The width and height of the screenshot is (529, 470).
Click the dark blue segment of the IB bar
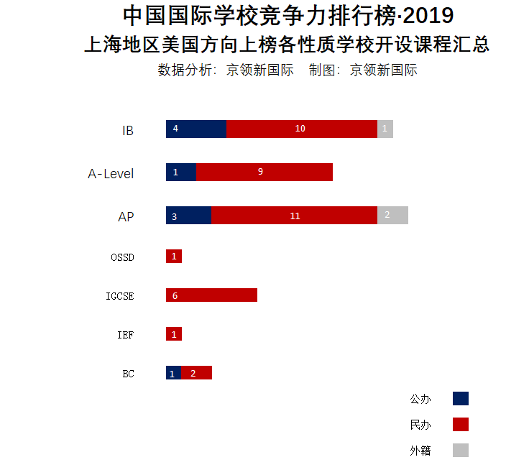(x=196, y=129)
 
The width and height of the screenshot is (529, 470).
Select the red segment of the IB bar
(x=302, y=129)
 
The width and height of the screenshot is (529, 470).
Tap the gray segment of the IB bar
(x=385, y=129)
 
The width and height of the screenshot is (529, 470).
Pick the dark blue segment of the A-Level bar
(x=181, y=172)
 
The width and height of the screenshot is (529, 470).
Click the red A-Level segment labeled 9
(x=264, y=172)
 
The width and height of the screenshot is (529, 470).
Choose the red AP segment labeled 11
(x=294, y=216)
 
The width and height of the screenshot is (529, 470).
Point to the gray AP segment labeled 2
(x=392, y=216)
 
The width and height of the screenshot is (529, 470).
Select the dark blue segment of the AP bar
(x=188, y=216)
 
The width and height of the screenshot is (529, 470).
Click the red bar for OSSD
(x=174, y=257)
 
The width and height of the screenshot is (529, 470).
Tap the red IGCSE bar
(x=211, y=295)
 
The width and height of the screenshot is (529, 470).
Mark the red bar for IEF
(x=174, y=334)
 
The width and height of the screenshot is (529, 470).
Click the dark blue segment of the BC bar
(x=173, y=373)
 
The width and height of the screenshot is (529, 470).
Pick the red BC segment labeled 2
(x=196, y=373)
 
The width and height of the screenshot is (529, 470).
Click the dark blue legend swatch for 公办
(x=461, y=399)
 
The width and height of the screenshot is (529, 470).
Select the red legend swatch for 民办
(x=461, y=425)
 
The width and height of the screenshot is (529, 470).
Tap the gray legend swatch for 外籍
(x=461, y=451)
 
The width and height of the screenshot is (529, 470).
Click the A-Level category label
(x=111, y=174)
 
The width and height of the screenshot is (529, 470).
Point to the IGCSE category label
(x=119, y=296)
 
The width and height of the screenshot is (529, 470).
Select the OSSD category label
(x=122, y=257)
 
